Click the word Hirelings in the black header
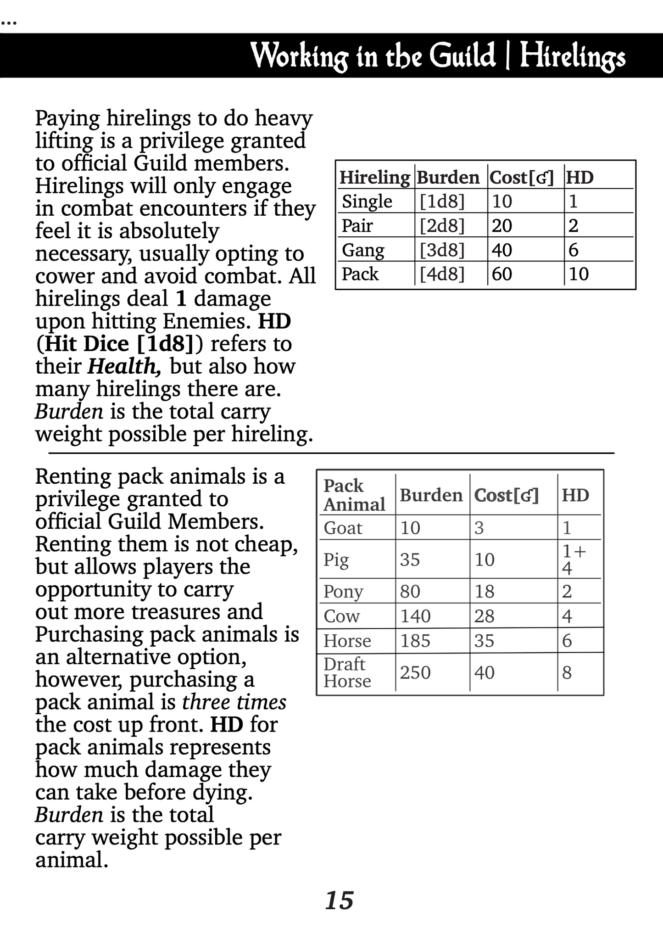(572, 56)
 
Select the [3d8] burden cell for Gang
(442, 250)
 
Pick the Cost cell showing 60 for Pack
(501, 274)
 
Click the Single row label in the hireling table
(367, 201)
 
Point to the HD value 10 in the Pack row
(579, 274)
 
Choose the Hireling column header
(374, 177)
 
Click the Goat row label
(343, 528)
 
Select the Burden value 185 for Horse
(415, 640)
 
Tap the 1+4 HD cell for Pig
(574, 559)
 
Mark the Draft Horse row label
(346, 672)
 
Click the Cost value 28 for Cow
(484, 616)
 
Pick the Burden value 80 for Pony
(410, 591)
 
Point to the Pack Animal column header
(354, 495)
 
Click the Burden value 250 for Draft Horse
(415, 672)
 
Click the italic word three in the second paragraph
(205, 702)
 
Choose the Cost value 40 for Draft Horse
(485, 672)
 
